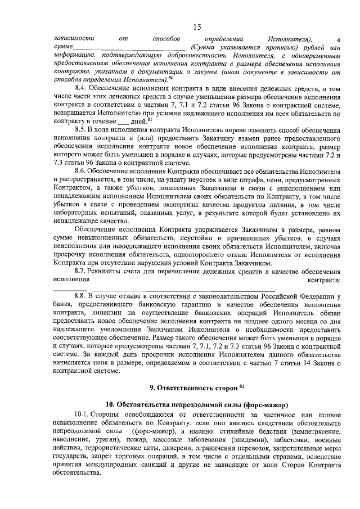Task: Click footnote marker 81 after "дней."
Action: [x=148, y=118]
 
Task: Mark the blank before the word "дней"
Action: [x=122, y=121]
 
